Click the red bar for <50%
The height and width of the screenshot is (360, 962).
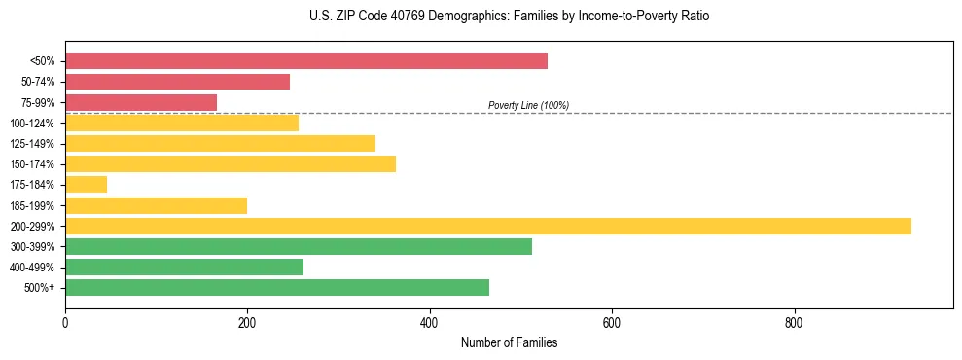click(x=306, y=61)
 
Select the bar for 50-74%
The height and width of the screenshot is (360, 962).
click(x=177, y=82)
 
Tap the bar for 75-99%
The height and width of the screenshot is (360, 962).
click(x=141, y=102)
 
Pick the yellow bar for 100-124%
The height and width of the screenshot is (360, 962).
click(x=182, y=123)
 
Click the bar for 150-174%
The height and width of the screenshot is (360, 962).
click(x=231, y=163)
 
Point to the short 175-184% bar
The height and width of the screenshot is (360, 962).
click(x=86, y=184)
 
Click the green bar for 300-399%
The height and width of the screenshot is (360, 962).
click(x=299, y=246)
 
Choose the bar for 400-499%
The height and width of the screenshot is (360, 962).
click(x=184, y=267)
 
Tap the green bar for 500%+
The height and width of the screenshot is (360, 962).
click(x=277, y=287)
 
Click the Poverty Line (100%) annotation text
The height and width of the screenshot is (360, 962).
click(x=528, y=105)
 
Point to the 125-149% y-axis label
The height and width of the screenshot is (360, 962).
click(x=32, y=144)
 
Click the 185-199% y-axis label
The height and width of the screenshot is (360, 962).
click(x=32, y=205)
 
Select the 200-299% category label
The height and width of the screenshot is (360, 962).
click(x=32, y=226)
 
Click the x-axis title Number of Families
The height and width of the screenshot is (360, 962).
click(x=509, y=342)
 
